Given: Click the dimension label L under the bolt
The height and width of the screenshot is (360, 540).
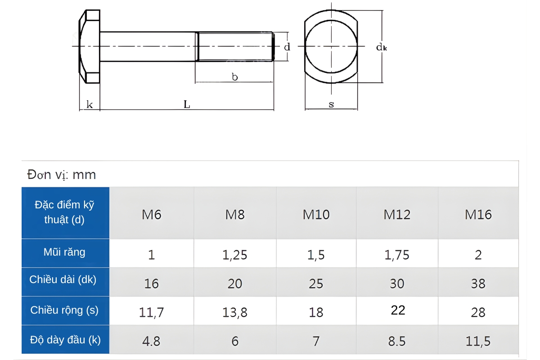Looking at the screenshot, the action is click(x=187, y=104).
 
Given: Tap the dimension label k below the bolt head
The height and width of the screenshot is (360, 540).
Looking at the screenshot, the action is click(x=90, y=105).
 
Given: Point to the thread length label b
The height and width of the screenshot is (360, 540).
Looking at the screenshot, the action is click(x=234, y=77).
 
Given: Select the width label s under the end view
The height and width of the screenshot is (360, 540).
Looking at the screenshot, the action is click(x=331, y=104).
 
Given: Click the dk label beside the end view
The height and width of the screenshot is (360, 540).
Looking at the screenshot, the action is click(x=382, y=47).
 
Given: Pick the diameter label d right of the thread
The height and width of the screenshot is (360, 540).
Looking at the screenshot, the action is click(x=287, y=47).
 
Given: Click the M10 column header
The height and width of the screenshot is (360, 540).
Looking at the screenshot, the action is click(x=316, y=214).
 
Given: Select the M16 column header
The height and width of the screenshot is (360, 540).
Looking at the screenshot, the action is click(x=478, y=214).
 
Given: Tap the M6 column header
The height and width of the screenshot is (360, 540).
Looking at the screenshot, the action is click(x=151, y=214).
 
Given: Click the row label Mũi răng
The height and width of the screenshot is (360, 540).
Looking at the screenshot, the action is click(x=64, y=252).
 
